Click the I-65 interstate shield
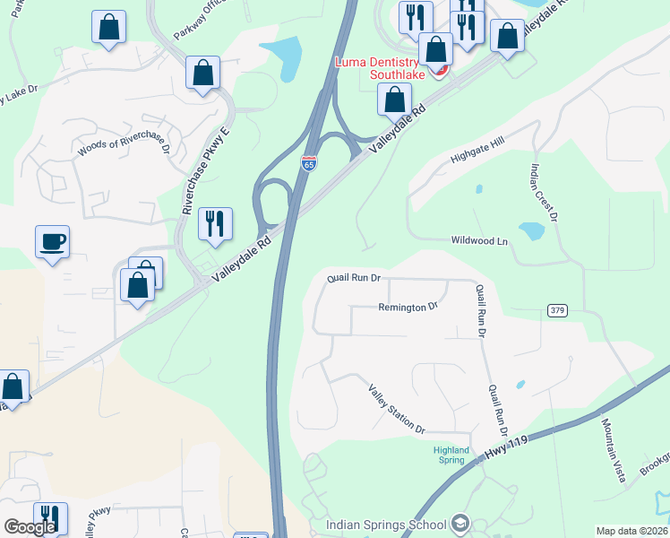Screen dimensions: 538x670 point(308,163)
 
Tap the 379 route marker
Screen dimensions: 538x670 point(556,310)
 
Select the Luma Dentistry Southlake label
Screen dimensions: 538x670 point(391,68)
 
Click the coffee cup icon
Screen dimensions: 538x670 point(52,241)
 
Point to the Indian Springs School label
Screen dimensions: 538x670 point(386,525)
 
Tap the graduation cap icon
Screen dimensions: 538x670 point(460,524)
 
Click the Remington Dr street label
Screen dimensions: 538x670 point(408,307)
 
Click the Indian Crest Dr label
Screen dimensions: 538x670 point(544,192)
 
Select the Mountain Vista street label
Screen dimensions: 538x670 point(612,449)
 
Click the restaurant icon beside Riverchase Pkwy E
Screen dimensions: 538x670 point(215,223)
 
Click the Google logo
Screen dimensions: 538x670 point(30,527)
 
